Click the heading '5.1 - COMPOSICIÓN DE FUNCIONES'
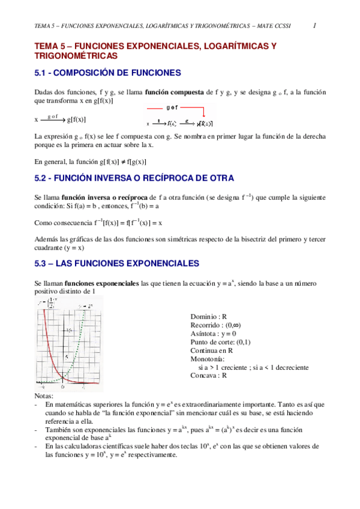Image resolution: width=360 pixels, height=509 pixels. [109, 73]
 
